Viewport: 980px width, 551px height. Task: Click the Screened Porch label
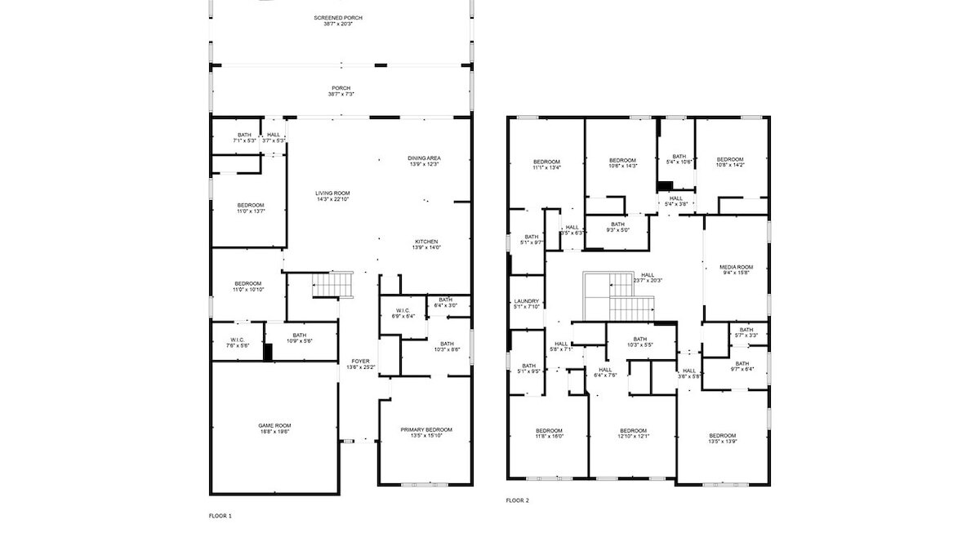(x=337, y=17)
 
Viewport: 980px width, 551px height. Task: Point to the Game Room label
(x=275, y=425)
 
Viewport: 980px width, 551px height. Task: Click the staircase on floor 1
(x=332, y=284)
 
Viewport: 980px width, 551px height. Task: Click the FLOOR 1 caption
(x=220, y=516)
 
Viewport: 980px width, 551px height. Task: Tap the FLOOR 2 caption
(x=517, y=500)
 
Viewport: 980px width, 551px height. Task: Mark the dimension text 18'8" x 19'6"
(x=275, y=431)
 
